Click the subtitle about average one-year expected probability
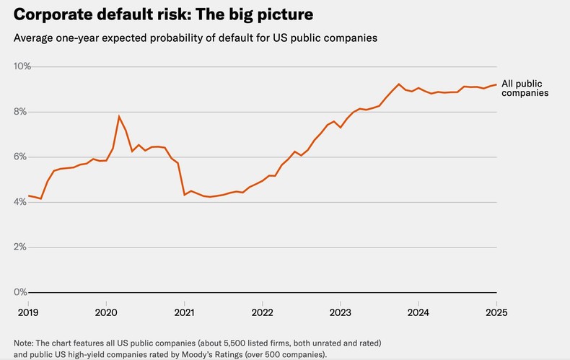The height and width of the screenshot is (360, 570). tap(196, 38)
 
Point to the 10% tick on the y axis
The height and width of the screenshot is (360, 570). tap(22, 66)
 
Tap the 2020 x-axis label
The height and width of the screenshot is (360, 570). tap(106, 312)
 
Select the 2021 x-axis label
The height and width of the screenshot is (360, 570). tap(184, 312)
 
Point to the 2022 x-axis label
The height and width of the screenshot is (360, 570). tap(262, 312)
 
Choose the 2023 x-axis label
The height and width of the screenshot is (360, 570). tap(341, 312)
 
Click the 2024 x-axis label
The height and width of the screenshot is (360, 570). tap(418, 312)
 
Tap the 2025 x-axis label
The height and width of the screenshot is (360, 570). tap(496, 312)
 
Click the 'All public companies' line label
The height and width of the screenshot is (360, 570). tap(525, 88)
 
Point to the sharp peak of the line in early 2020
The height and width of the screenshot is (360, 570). tap(119, 116)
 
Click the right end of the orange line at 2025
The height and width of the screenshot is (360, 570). tap(496, 84)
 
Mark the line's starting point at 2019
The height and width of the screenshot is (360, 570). tap(28, 196)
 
